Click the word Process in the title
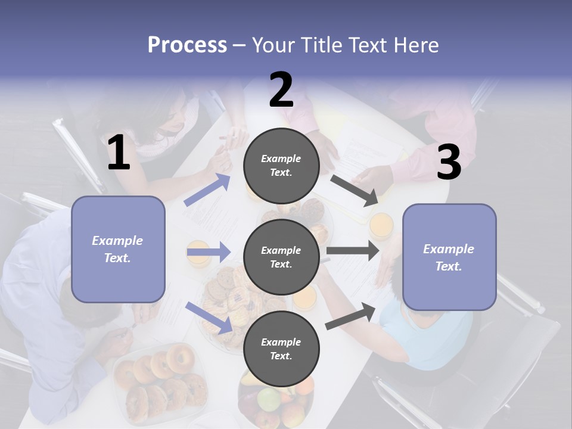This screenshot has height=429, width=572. pyautogui.click(x=187, y=45)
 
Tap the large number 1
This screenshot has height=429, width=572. pyautogui.click(x=119, y=153)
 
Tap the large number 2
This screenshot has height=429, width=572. pyautogui.click(x=281, y=90)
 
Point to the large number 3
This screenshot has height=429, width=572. pyautogui.click(x=449, y=162)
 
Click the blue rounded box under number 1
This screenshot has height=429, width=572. pyautogui.click(x=118, y=249)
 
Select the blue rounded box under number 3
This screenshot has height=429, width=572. pyautogui.click(x=449, y=257)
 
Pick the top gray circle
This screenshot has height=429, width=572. pyautogui.click(x=281, y=166)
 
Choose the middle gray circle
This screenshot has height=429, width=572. pyautogui.click(x=281, y=257)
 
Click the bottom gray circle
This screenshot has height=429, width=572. pyautogui.click(x=281, y=349)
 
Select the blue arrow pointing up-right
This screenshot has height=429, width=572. pyautogui.click(x=207, y=190)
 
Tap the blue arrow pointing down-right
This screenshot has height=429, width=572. pyautogui.click(x=209, y=318)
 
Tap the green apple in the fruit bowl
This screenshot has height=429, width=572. pyautogui.click(x=268, y=397)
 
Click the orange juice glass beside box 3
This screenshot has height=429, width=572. pyautogui.click(x=381, y=225)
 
